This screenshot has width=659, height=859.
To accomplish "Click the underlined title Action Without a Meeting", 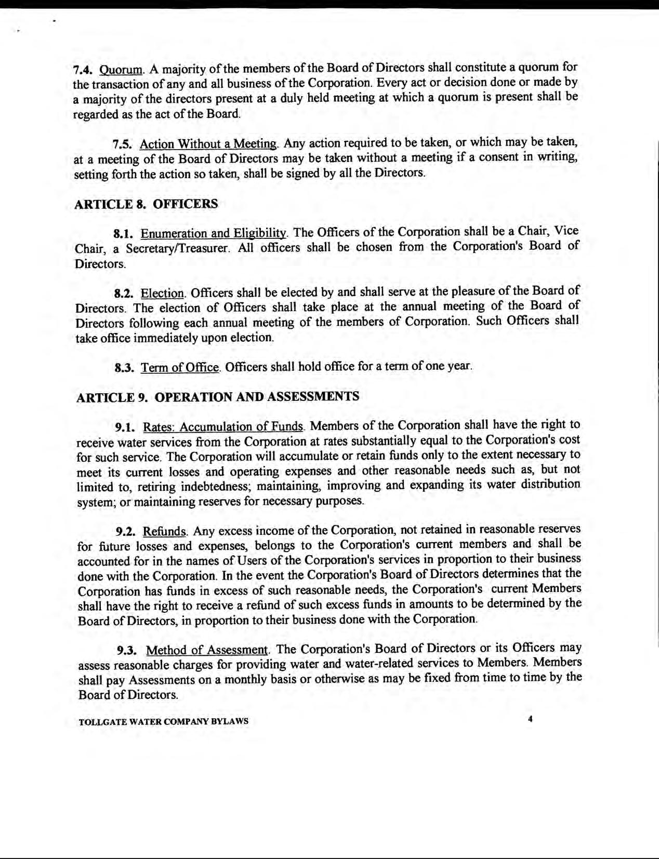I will pyautogui.click(x=209, y=144).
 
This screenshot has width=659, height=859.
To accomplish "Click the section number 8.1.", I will pyautogui.click(x=125, y=233).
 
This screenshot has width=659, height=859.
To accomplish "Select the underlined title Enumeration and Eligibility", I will pyautogui.click(x=214, y=233).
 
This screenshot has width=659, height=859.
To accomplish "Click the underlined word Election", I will pyautogui.click(x=163, y=293).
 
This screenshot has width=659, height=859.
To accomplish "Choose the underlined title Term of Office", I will pyautogui.click(x=180, y=368).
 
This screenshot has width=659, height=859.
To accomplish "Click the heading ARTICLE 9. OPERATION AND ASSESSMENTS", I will pyautogui.click(x=218, y=397).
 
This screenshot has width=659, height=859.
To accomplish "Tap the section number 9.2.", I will pyautogui.click(x=127, y=531).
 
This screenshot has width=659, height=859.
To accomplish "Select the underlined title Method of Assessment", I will pyautogui.click(x=207, y=650).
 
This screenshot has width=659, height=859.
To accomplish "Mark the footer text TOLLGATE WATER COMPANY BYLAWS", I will pyautogui.click(x=163, y=721).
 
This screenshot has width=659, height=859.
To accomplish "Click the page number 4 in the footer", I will pyautogui.click(x=530, y=719).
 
